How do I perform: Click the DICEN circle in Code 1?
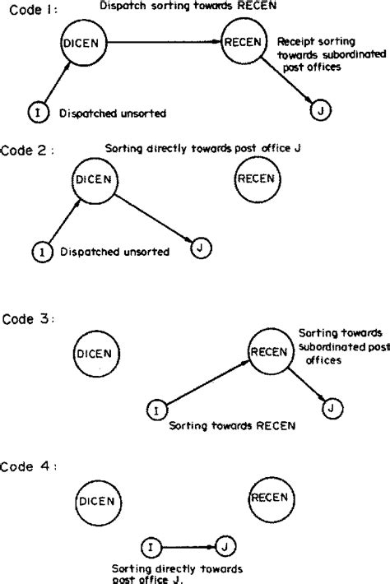coord(83,41)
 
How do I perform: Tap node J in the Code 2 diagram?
coord(198,245)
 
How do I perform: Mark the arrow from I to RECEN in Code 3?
coord(206,381)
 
